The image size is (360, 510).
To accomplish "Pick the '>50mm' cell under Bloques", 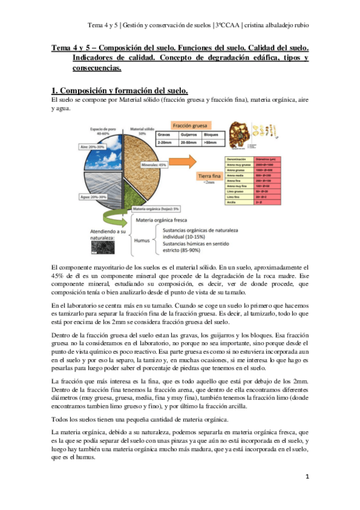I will point(212,144).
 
